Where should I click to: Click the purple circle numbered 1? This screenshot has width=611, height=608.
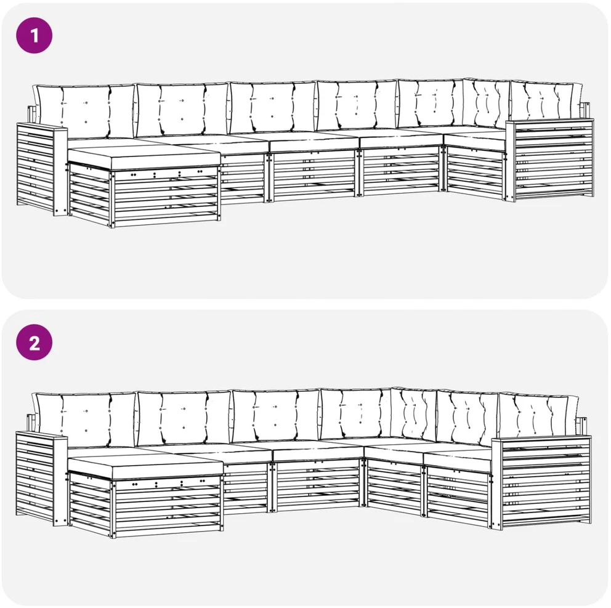pos(34,36)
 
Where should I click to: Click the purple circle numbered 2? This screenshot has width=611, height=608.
pos(34,343)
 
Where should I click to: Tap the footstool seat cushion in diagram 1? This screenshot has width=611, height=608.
pos(144,157)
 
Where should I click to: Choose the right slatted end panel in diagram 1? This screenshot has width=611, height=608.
pos(550,160)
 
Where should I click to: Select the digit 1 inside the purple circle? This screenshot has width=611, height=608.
pos(34,36)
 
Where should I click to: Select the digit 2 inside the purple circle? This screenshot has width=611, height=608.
pos(34,343)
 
